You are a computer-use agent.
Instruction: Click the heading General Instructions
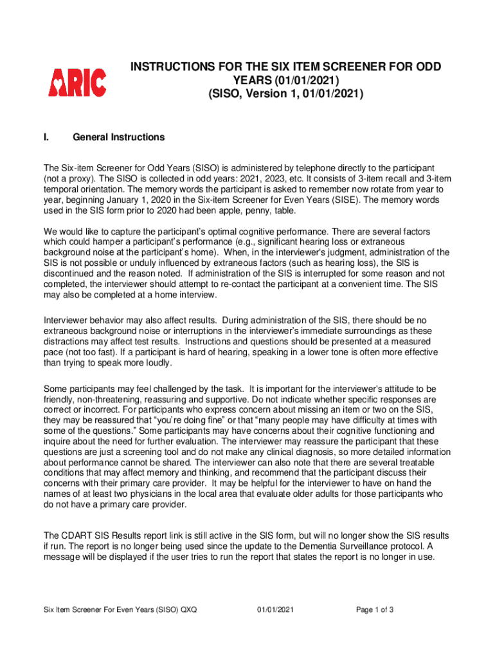click(x=119, y=137)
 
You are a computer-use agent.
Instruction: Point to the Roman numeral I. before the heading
click(x=47, y=137)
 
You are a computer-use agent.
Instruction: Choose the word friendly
click(x=60, y=399)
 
